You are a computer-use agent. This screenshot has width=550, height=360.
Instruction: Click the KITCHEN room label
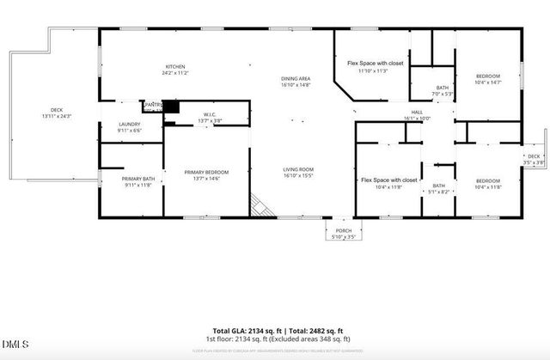click(x=175, y=67)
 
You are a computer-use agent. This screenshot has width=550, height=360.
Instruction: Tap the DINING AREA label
click(x=295, y=79)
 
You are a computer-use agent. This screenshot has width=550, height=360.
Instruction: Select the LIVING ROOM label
click(x=298, y=169)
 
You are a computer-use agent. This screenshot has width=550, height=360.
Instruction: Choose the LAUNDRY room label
click(x=130, y=125)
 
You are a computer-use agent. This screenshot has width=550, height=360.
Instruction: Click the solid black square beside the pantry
click(x=172, y=107)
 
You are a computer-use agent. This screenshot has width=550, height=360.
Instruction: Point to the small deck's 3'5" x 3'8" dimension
click(x=533, y=162)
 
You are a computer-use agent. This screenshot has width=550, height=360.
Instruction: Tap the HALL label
click(x=416, y=113)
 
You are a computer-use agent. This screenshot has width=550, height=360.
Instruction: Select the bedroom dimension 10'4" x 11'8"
click(x=487, y=186)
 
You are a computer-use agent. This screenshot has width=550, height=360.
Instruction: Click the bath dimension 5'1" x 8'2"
click(x=438, y=192)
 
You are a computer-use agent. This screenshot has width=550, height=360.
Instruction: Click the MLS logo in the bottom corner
click(x=15, y=344)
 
